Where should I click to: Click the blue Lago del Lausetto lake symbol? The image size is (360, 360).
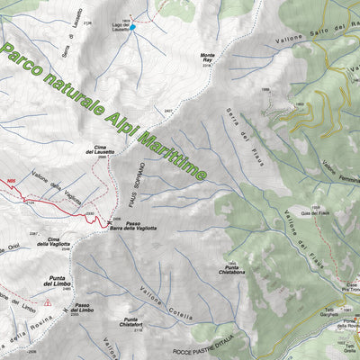coord(132,28)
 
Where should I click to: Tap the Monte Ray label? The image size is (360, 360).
coord(207,57)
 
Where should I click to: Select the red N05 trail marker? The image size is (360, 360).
coord(10,182)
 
